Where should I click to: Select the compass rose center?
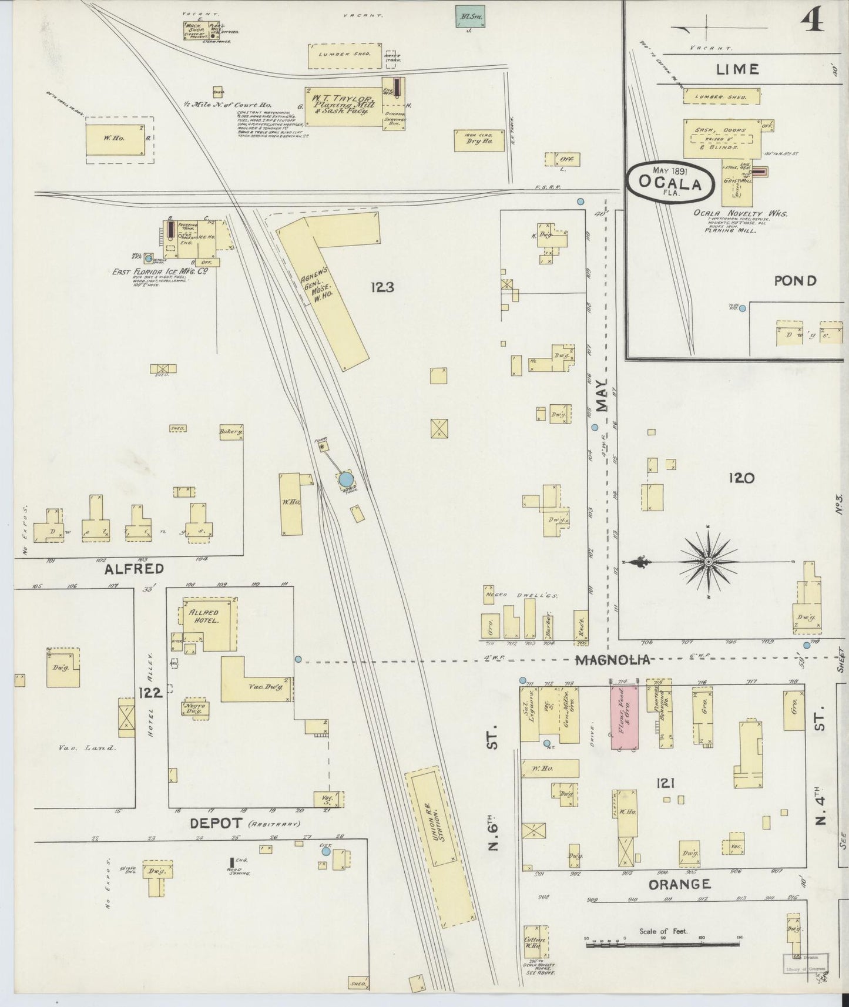(709, 562)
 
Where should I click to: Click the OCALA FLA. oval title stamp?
(670, 183)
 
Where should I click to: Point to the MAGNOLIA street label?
(613, 660)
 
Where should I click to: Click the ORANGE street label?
(680, 884)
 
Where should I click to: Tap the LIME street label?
(737, 69)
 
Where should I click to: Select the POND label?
(795, 281)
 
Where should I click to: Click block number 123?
(382, 287)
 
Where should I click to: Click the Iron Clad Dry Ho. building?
(479, 141)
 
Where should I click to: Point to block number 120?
(741, 478)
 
